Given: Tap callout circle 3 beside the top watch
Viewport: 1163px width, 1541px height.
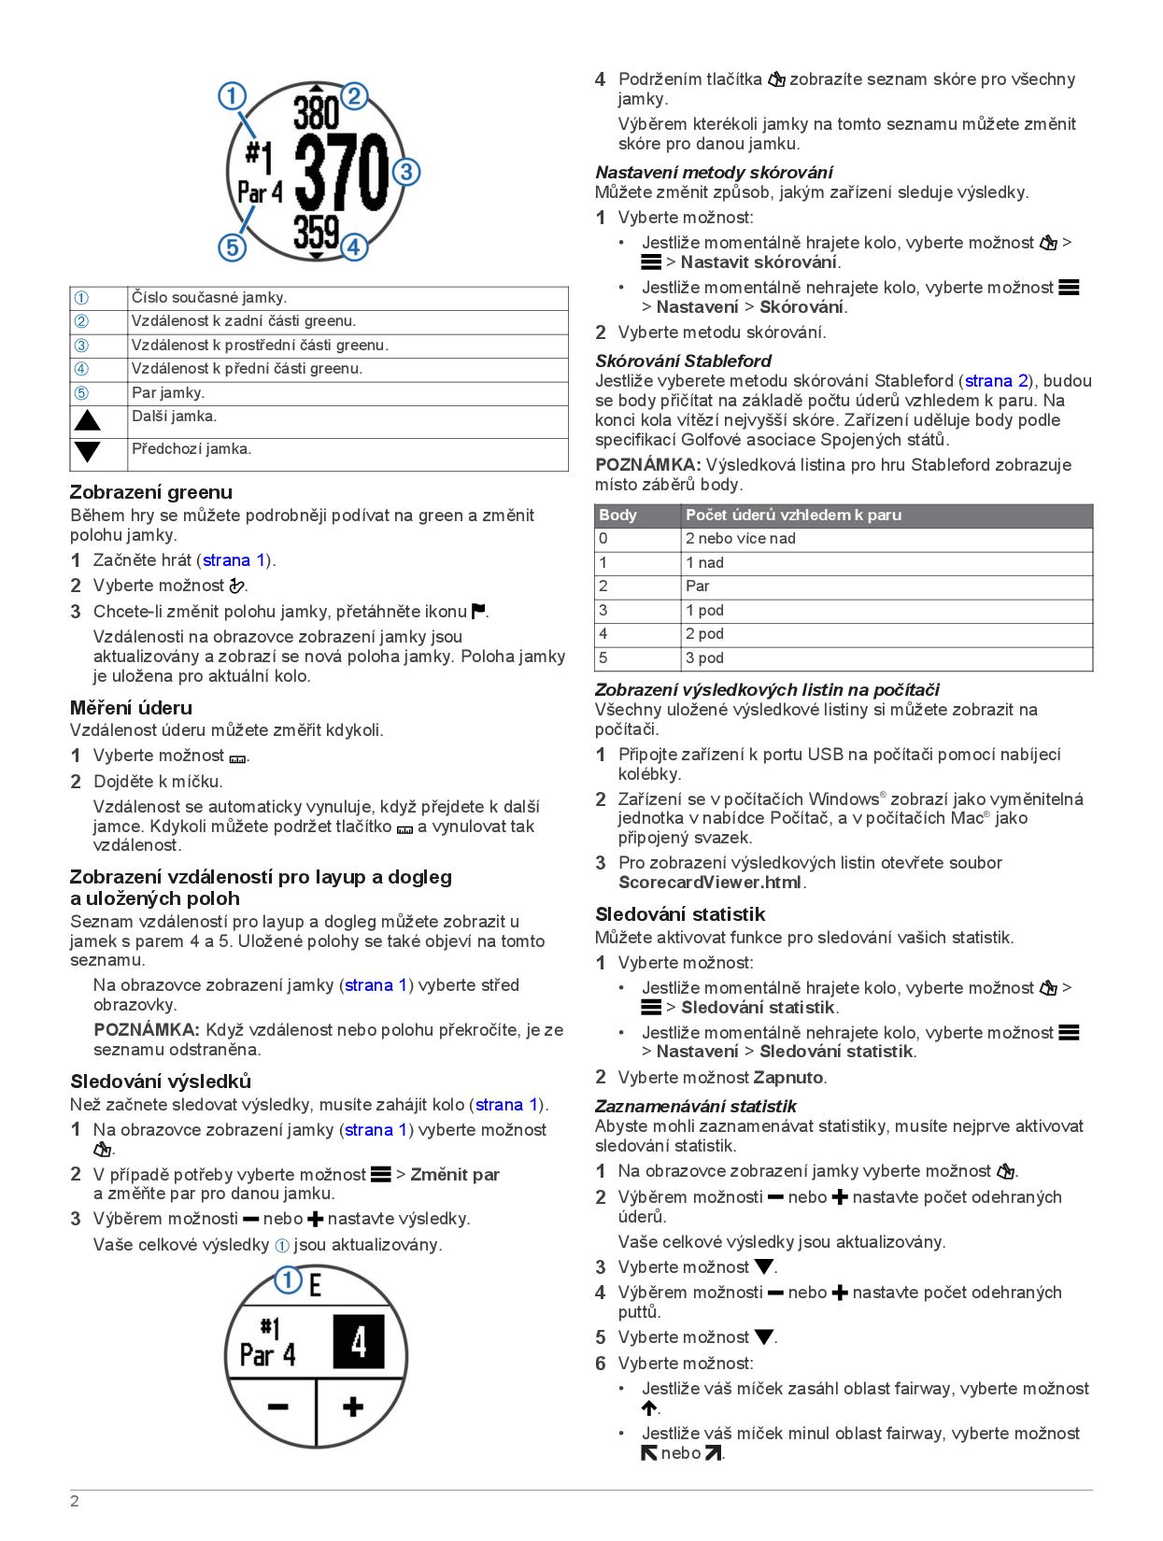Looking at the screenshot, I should click(406, 172).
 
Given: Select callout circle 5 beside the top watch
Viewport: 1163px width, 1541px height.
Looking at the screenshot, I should click(232, 247).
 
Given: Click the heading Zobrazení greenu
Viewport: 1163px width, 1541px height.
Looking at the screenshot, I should click(151, 492).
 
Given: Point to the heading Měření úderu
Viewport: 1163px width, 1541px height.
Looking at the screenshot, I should click(131, 708).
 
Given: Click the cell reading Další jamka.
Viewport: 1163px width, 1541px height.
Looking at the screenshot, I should click(174, 417).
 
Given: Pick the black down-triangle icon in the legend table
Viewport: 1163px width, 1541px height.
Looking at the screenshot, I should click(88, 452).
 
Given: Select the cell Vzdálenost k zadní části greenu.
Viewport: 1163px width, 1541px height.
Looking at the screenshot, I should click(243, 321).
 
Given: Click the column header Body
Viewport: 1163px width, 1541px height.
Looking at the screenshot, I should click(617, 516).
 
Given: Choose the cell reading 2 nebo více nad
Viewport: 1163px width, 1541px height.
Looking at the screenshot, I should click(740, 539).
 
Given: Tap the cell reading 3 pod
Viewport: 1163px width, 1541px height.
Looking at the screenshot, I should click(704, 657).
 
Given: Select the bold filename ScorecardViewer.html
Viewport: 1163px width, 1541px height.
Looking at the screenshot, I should click(710, 883).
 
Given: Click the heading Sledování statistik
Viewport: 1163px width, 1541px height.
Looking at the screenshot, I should click(680, 914).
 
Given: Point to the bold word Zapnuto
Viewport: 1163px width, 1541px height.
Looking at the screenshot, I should click(787, 1078).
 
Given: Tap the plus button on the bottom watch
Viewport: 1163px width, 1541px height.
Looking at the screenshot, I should click(353, 1407).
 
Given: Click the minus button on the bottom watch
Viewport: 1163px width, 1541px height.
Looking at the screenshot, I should click(277, 1407).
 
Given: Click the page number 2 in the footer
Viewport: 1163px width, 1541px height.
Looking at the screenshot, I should click(75, 1502).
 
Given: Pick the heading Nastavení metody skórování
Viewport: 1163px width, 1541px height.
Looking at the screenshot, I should click(714, 173).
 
